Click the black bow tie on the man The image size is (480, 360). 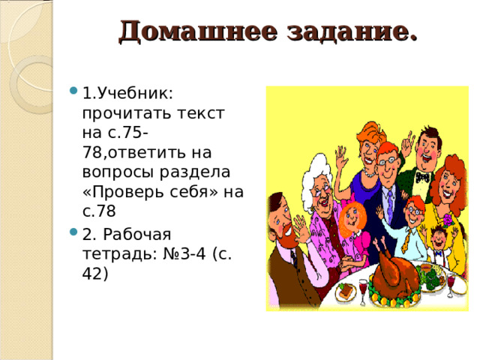[422, 177]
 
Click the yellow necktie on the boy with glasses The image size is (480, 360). [406, 239]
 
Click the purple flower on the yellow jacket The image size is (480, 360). [449, 220]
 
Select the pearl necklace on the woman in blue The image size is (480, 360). [369, 172]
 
